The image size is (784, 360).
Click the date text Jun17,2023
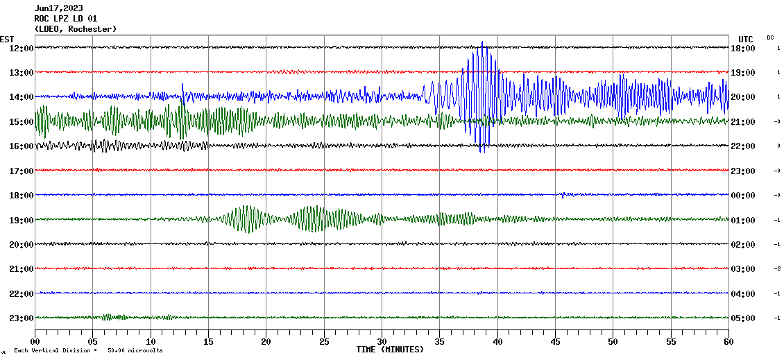pos(58,8)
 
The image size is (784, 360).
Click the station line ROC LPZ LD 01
pos(65,19)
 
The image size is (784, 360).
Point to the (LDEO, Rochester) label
pos(75,29)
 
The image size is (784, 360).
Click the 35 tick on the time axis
pos(439,341)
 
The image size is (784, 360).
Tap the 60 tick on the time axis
pos(728,341)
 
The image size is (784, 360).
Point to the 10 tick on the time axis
pos(151,341)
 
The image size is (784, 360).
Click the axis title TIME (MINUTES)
pos(390,350)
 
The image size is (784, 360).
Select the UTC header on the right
pos(745,39)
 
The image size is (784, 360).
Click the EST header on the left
pos(7,39)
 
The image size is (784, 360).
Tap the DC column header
pos(770,37)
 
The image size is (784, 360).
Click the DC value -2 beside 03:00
pos(778,268)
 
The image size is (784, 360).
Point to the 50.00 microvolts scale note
pos(135,351)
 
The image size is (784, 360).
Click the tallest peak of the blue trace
pos(482,43)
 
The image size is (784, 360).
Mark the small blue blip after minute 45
pos(563,195)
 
